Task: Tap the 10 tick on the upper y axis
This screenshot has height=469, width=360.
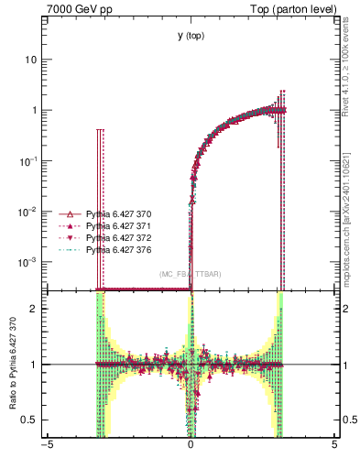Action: point(31,60)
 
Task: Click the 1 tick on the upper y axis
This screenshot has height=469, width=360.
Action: point(35,110)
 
